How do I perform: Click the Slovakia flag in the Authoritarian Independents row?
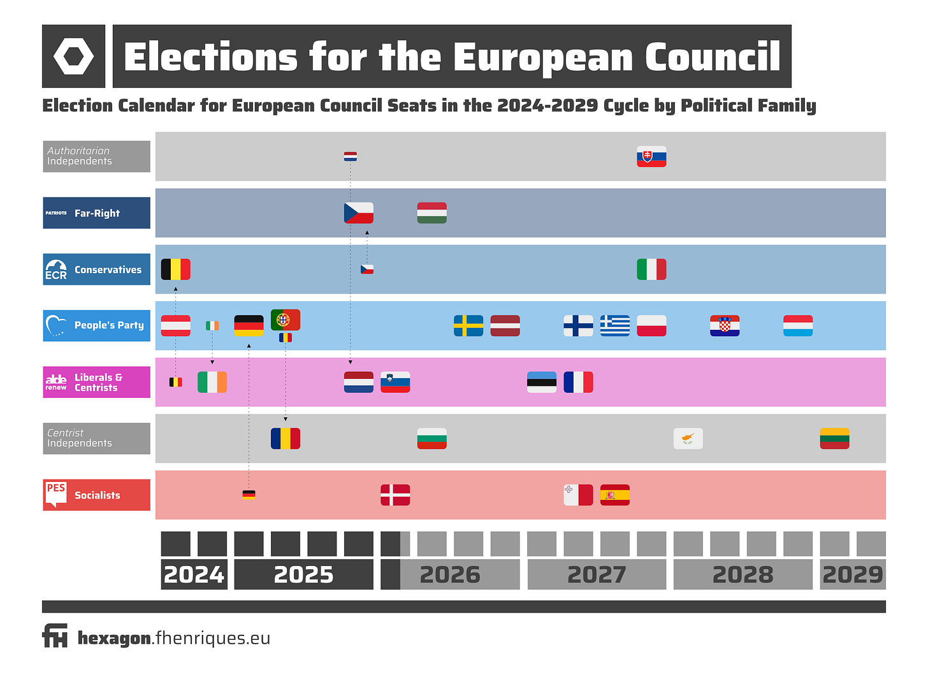point(651,157)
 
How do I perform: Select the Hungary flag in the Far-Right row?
point(431,213)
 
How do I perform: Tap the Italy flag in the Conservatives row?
point(651,269)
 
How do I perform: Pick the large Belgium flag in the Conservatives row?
point(175,269)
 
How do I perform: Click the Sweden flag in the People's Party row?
point(468,325)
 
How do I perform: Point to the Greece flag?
point(615,325)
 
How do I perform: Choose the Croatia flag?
point(725,325)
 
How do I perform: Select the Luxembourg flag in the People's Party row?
point(798,325)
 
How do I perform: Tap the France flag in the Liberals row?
point(578,382)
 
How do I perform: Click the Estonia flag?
point(542,382)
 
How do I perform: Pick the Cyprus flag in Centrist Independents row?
point(688,439)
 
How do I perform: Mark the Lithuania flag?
point(834,439)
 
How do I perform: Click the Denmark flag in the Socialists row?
point(395,495)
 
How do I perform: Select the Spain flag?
point(615,495)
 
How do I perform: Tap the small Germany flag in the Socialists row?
point(249,495)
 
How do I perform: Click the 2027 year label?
point(597,574)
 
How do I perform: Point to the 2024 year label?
point(194,574)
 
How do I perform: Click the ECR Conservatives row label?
point(96,269)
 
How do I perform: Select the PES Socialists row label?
point(96,495)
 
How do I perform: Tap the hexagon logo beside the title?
point(73,56)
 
